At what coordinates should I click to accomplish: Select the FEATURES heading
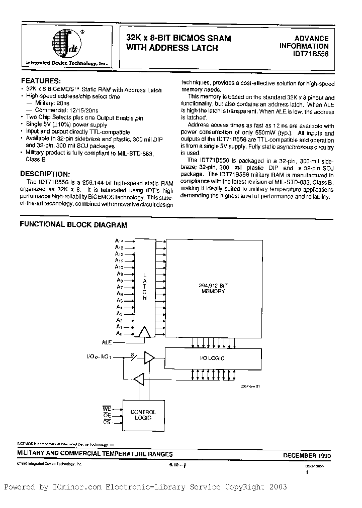[41, 80]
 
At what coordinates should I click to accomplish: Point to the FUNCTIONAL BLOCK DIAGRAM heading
[73, 225]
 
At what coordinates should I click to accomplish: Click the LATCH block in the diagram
[145, 286]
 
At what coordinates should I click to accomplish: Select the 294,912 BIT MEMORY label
[213, 288]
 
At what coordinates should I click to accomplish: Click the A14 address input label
[119, 241]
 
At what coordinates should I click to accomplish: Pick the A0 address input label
[119, 333]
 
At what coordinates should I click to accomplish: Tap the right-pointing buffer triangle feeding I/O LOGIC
[149, 357]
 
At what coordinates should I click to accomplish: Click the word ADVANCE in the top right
[311, 38]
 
